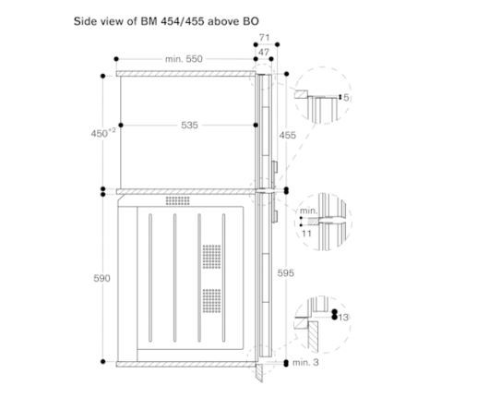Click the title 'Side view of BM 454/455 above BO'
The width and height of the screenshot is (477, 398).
tap(166, 21)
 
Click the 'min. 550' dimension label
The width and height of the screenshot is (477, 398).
tap(184, 59)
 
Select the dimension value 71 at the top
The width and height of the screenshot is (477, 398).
tap(264, 38)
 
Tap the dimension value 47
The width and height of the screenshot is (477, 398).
tap(264, 52)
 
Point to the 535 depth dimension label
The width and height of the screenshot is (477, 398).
tap(189, 125)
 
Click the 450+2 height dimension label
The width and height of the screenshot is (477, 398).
tap(103, 133)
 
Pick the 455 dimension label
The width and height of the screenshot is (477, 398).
tap(287, 135)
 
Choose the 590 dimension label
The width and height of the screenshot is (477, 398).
tap(101, 278)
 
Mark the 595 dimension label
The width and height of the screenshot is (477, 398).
tap(286, 272)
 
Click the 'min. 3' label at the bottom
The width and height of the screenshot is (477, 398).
tap(305, 362)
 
